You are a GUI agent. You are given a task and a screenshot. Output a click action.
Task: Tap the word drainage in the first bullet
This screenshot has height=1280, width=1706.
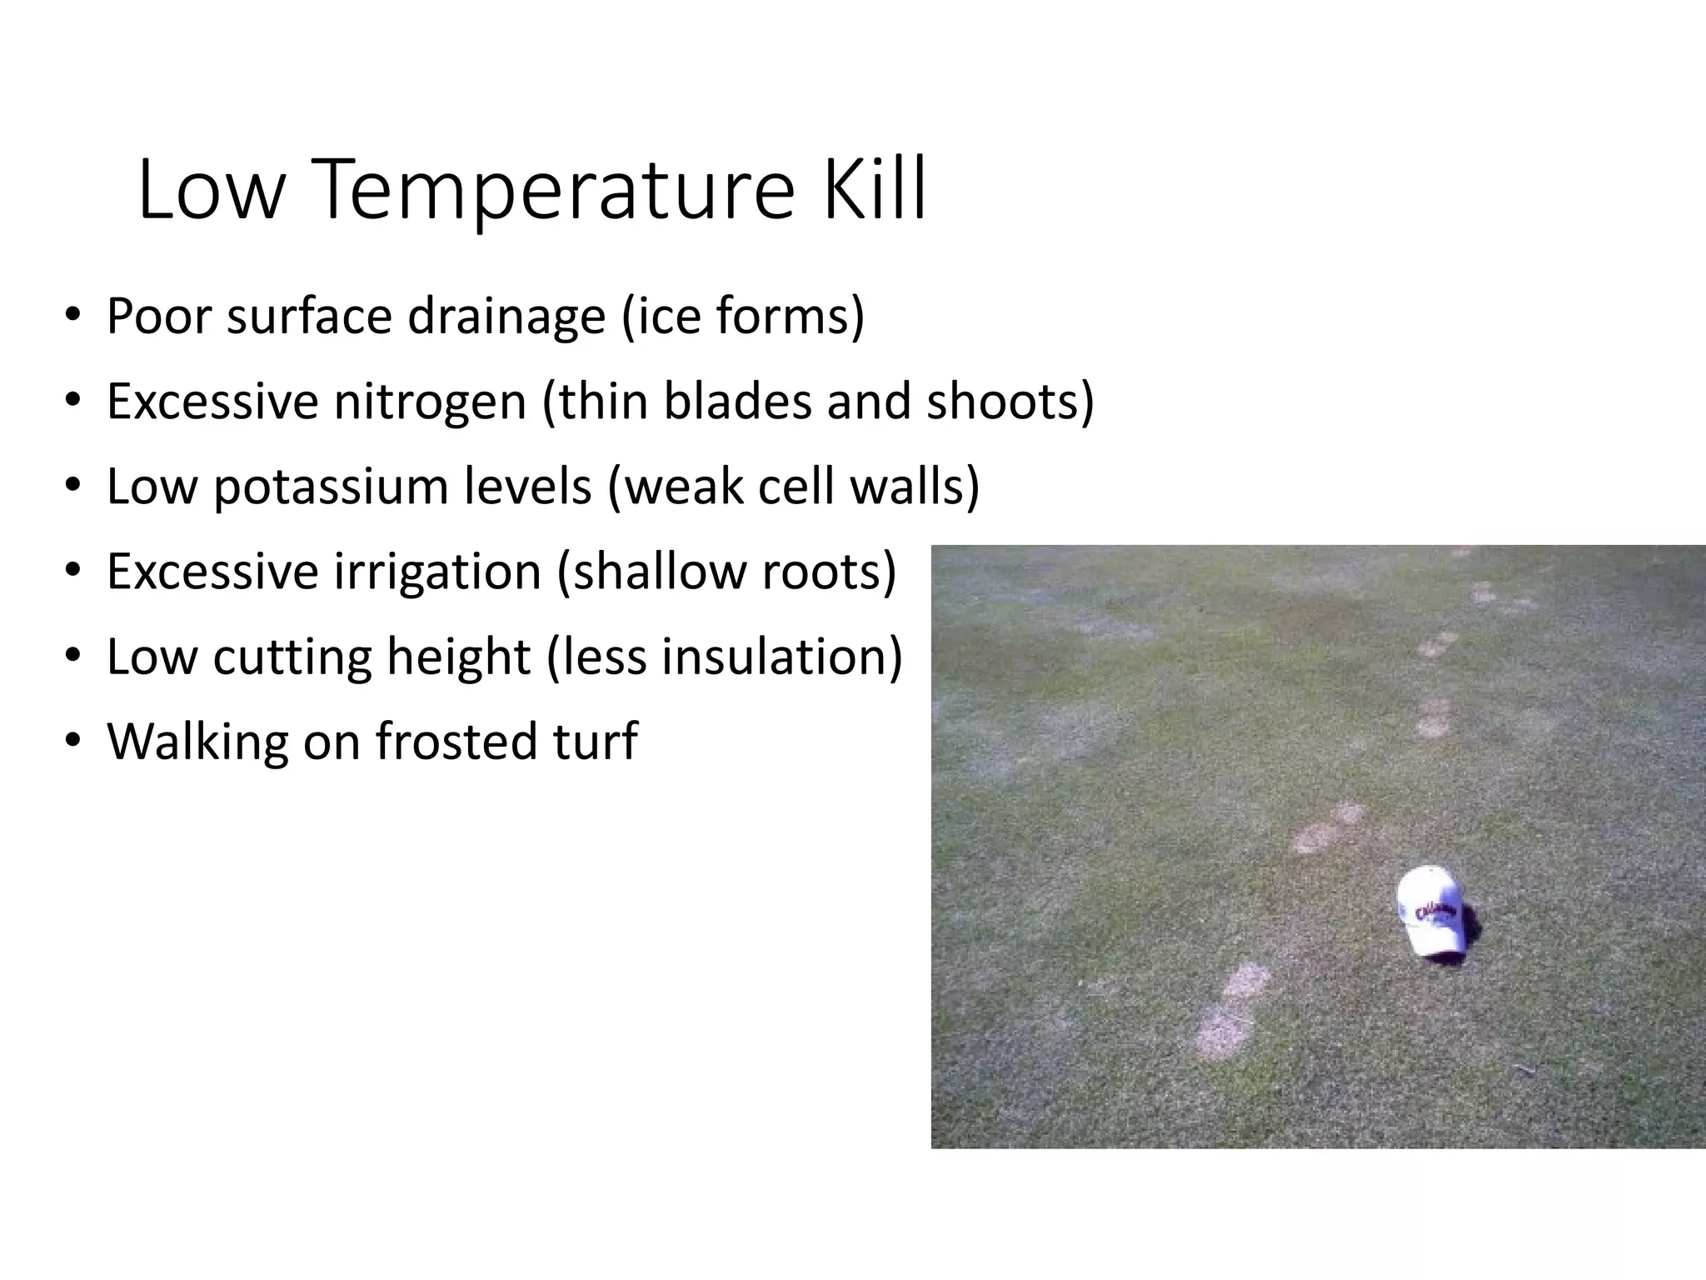pos(506,317)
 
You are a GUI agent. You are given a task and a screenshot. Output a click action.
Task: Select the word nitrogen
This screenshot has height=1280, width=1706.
pos(430,402)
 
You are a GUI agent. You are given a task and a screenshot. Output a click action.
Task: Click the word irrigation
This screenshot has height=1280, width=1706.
pos(438,572)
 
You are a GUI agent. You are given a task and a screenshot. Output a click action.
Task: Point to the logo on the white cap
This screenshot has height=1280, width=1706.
pos(1435,910)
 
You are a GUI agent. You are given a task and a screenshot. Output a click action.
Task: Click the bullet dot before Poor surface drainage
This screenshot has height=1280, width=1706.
pos(72,317)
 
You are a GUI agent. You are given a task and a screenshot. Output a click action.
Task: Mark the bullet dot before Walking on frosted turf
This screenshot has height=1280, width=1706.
pos(72,742)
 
